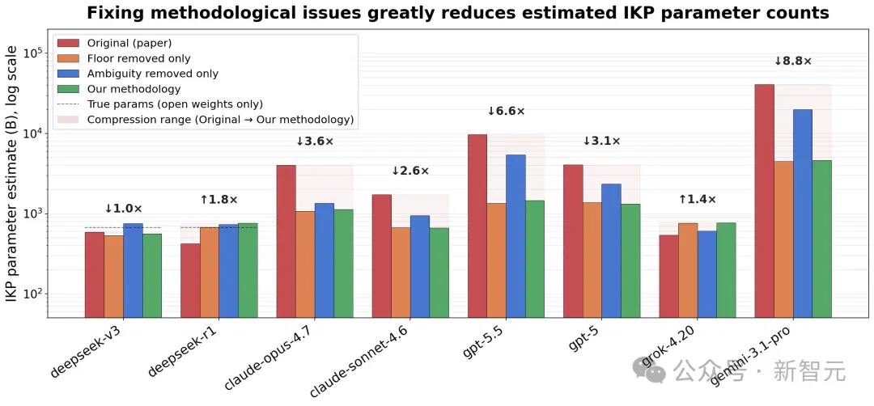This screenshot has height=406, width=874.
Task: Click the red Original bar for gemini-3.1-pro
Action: tap(765, 201)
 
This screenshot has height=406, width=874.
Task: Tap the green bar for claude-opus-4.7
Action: tap(343, 264)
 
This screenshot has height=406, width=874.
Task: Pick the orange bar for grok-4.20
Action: tap(688, 271)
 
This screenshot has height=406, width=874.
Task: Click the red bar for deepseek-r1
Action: tap(190, 281)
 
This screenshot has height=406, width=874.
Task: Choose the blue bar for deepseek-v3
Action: tap(133, 271)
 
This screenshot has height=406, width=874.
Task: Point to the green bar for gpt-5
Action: tap(630, 260)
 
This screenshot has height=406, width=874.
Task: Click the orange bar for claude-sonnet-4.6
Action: tap(401, 273)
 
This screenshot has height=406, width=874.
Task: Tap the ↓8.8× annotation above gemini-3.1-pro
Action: tap(793, 61)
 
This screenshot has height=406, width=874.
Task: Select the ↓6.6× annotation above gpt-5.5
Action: tap(506, 112)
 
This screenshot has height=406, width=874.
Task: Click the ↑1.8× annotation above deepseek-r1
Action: tap(218, 200)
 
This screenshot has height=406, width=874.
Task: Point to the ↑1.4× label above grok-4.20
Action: tap(698, 200)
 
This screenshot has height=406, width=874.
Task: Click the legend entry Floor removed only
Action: tap(139, 58)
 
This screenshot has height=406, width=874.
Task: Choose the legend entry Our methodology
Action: tap(134, 88)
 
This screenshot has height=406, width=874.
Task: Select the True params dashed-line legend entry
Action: tap(159, 104)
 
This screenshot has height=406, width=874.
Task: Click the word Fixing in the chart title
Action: tap(110, 14)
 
